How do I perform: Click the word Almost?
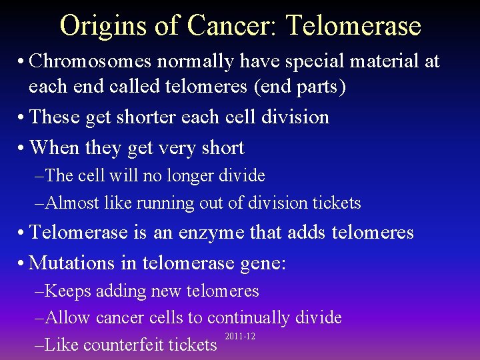70,203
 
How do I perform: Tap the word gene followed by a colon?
262,263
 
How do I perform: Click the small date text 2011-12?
240,336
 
